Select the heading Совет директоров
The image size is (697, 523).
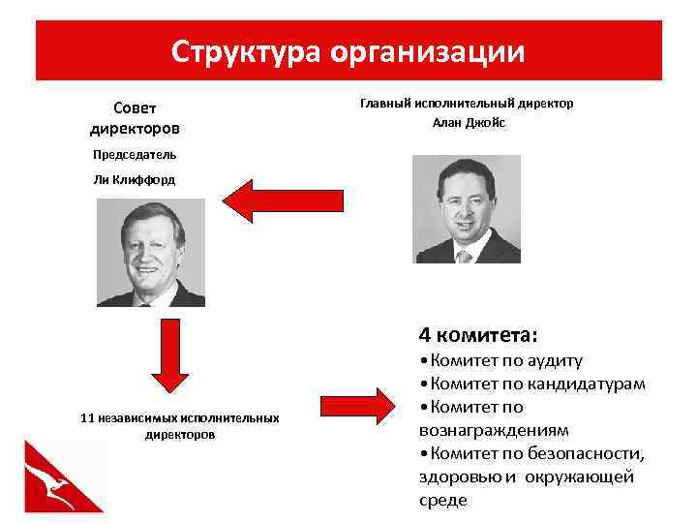[x=135, y=117]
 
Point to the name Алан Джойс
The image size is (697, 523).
[x=469, y=123]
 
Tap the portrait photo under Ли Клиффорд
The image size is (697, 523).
[x=151, y=253]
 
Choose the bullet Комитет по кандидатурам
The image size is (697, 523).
[x=532, y=385]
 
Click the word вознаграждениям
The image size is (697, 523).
[x=494, y=430]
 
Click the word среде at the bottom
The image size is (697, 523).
[x=442, y=500]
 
